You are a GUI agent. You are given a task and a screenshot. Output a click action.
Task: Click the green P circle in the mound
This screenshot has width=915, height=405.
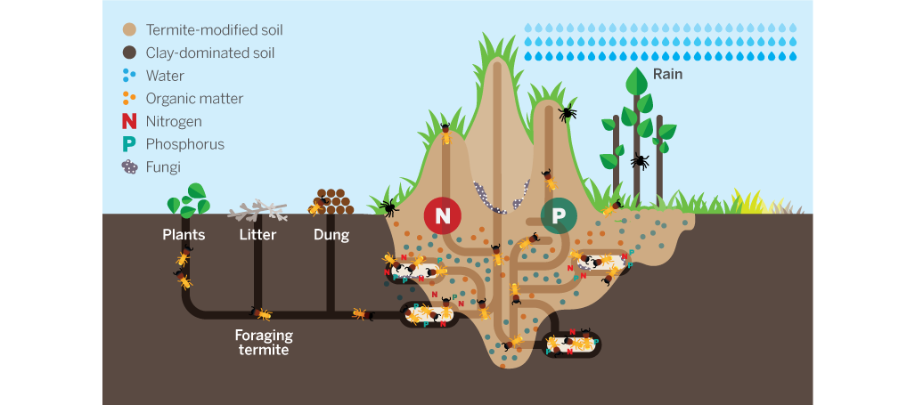click(559, 215)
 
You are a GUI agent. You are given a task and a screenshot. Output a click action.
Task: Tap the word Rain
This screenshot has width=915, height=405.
click(667, 75)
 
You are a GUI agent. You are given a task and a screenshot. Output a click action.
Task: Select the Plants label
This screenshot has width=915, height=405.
click(184, 236)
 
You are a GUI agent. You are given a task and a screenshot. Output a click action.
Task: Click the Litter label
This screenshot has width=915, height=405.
click(257, 236)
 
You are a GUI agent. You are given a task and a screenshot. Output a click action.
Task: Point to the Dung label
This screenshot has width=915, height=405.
click(331, 236)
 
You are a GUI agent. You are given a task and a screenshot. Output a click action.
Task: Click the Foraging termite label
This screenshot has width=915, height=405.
click(264, 343)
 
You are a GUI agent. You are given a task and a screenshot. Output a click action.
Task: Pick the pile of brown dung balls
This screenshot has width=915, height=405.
click(334, 202)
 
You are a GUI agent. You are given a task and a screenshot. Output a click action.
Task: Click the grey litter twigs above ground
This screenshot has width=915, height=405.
click(257, 211)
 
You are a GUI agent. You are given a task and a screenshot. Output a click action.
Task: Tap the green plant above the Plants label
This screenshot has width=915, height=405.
click(188, 200)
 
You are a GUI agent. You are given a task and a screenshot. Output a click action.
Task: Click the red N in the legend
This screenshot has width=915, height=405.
click(130, 121)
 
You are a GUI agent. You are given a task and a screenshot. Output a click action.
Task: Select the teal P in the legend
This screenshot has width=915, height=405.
click(130, 144)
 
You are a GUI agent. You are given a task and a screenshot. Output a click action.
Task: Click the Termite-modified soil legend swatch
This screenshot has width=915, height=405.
click(130, 30)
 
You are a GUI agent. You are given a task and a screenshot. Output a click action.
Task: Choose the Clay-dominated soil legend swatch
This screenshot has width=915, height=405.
click(130, 53)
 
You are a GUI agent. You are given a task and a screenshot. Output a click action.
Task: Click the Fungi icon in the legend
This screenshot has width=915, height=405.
click(130, 166)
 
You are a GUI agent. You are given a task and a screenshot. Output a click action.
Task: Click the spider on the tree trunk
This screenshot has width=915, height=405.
click(640, 162)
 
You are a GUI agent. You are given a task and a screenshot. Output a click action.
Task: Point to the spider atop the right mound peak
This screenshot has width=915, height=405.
click(567, 113)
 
